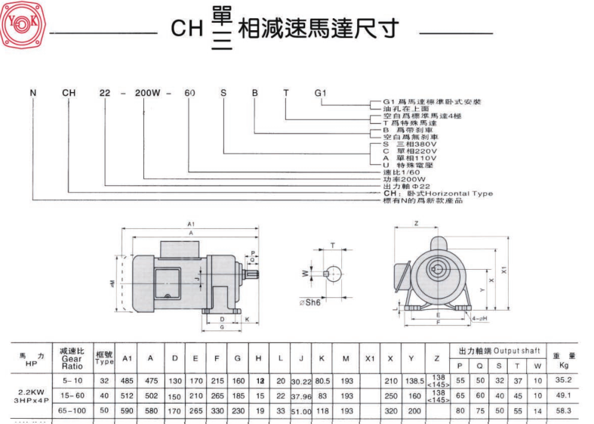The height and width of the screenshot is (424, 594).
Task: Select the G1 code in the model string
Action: point(320,93)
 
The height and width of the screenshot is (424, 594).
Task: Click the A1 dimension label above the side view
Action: point(190,224)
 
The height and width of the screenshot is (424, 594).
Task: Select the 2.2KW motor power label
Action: point(30,392)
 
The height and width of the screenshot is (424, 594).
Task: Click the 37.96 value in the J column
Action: point(301,395)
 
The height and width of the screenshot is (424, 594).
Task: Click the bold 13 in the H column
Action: point(259,379)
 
